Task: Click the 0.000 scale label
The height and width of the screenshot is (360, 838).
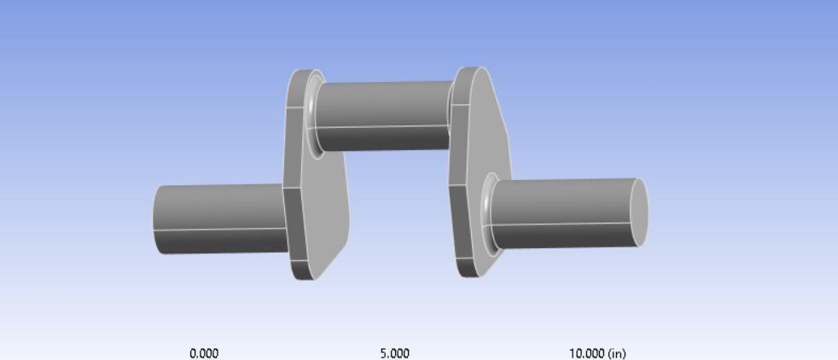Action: (x=204, y=353)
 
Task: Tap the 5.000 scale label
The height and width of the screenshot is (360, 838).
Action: (x=395, y=353)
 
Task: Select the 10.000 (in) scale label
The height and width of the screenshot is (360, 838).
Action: (x=597, y=353)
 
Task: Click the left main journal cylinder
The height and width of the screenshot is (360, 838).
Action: (x=219, y=218)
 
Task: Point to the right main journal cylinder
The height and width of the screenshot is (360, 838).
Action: (x=567, y=213)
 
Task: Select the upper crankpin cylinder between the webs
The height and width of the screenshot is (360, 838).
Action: (x=384, y=116)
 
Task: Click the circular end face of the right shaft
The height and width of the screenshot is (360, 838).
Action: (x=638, y=212)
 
